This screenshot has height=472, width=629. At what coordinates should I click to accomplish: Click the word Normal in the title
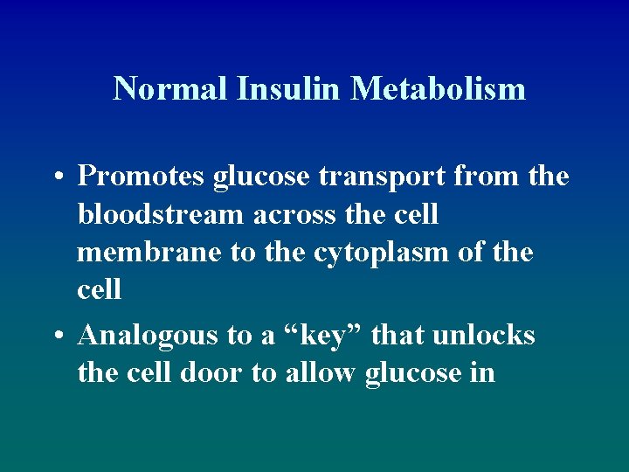click(171, 88)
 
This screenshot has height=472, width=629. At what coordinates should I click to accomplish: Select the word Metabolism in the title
click(439, 88)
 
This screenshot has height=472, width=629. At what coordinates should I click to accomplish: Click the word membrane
click(149, 252)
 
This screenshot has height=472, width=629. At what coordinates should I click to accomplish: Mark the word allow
click(324, 373)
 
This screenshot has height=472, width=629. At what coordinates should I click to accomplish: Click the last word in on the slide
click(483, 373)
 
